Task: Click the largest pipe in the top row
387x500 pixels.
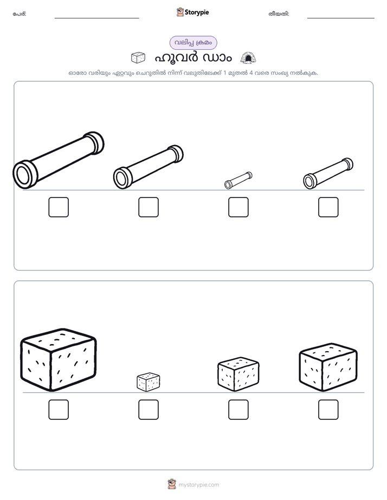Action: (x=59, y=160)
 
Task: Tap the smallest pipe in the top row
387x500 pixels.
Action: (x=238, y=181)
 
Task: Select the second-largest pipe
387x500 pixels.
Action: (x=149, y=167)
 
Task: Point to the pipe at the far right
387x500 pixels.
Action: (x=328, y=174)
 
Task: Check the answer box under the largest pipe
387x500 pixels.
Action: (x=59, y=207)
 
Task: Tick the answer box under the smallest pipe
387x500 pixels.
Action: (x=238, y=207)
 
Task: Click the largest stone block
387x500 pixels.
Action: (x=59, y=360)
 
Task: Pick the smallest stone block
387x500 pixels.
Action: (x=149, y=381)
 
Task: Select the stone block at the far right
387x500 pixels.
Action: (x=328, y=367)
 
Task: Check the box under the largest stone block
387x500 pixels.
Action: (x=59, y=410)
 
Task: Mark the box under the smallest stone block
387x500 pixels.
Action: (x=149, y=410)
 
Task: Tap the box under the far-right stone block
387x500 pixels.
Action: (x=328, y=410)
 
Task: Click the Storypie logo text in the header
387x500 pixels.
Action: (x=197, y=12)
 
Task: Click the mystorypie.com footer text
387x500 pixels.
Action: (x=198, y=485)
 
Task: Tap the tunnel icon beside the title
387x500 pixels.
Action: (x=248, y=58)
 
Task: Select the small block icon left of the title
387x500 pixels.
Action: (x=138, y=58)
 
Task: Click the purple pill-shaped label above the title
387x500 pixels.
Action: (x=193, y=43)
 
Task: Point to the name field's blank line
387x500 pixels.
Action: (x=96, y=18)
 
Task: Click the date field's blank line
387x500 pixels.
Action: (x=341, y=18)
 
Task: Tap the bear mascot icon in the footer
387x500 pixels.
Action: (x=172, y=484)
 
